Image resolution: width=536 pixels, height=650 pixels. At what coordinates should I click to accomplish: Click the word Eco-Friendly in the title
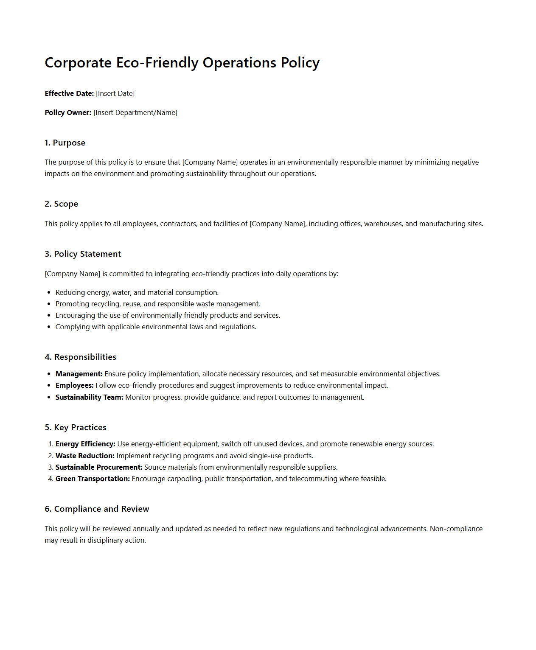coord(157,63)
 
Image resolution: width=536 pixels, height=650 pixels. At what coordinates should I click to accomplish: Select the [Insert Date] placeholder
coord(115,93)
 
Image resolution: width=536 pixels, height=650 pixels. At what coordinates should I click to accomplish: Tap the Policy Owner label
coord(68,112)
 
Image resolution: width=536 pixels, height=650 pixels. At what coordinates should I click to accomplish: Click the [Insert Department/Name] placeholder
coord(135,112)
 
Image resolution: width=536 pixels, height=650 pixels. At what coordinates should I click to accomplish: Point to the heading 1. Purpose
coord(65,143)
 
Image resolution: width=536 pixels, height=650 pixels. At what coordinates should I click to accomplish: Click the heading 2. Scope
coord(62,204)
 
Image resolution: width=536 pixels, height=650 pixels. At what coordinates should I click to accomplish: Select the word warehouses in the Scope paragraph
coord(383,224)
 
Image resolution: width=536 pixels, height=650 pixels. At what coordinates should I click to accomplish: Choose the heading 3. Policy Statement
coord(83,254)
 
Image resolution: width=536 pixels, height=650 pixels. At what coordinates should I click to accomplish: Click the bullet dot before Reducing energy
coord(49,293)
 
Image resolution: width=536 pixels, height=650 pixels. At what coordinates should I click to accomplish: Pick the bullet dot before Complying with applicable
coord(49,327)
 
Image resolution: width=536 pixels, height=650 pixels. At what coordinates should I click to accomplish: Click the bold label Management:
coord(79,374)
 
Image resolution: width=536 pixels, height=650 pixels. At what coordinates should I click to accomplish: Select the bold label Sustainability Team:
coord(89,397)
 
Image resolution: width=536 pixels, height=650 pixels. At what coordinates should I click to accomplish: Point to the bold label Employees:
coord(74,385)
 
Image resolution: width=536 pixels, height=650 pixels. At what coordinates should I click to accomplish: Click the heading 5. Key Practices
coord(76,428)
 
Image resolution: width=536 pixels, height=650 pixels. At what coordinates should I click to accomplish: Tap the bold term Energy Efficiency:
coord(85,444)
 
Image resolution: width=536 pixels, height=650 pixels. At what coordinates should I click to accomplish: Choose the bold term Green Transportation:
coord(93,479)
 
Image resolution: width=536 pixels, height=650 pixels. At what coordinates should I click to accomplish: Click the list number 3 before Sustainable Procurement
coord(51,467)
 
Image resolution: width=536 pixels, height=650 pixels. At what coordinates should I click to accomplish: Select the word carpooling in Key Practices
coord(185,479)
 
